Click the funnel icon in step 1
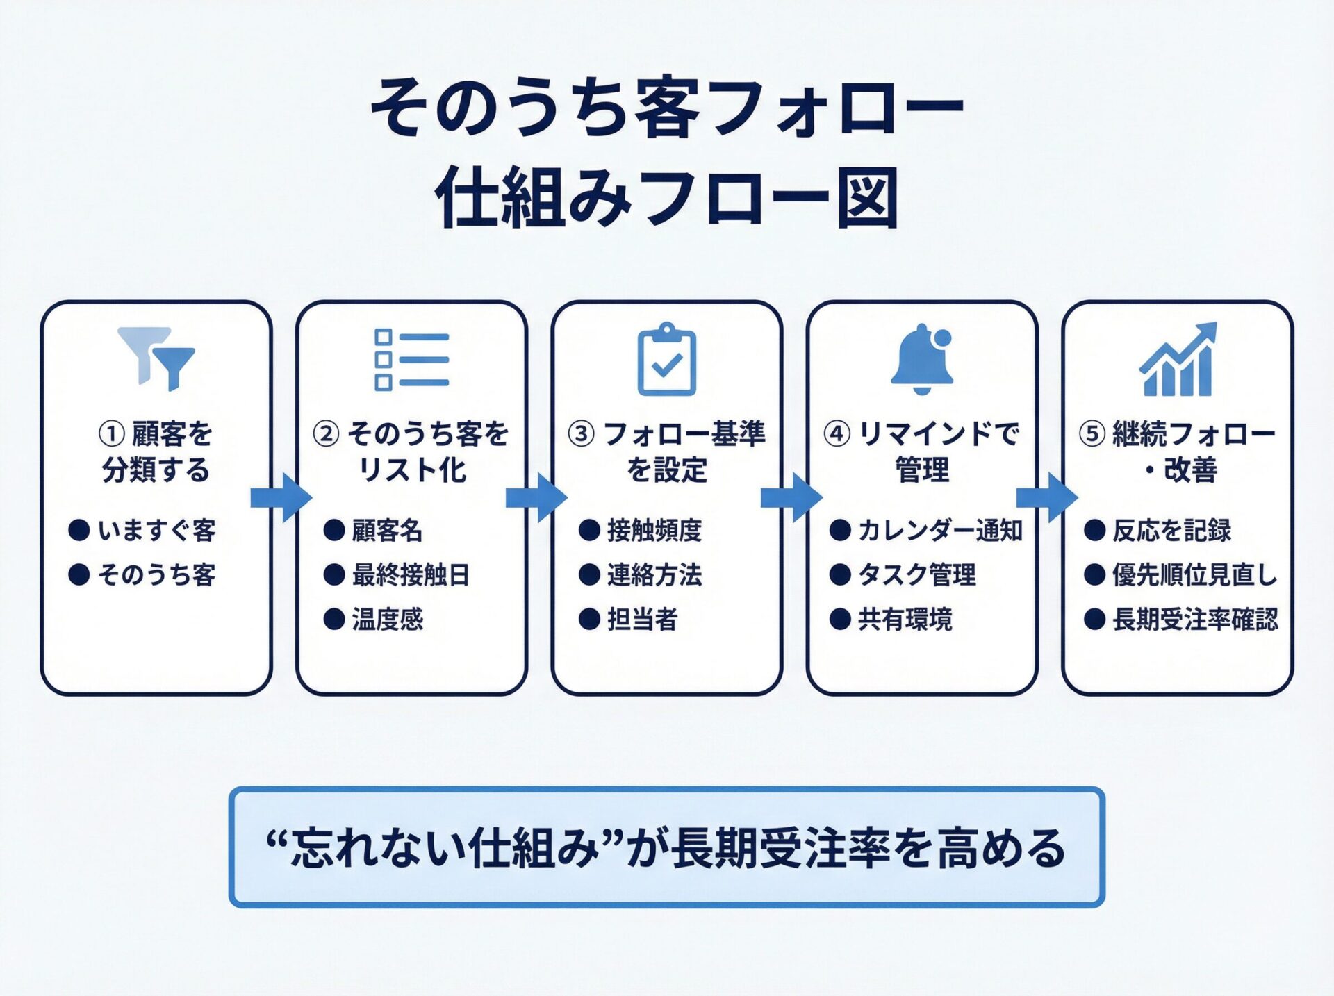(157, 358)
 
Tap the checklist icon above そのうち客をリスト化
(411, 360)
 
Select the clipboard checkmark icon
(666, 359)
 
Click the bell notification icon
(922, 358)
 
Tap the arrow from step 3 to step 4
(791, 497)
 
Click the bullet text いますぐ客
(157, 531)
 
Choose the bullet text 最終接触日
(411, 575)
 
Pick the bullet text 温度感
(387, 619)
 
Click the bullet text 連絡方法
(654, 575)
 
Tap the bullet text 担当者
(642, 619)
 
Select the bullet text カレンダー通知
(940, 531)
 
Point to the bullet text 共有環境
(905, 619)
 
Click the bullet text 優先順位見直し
(1194, 575)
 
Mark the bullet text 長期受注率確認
(1195, 619)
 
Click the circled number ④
(837, 434)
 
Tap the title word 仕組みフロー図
(667, 198)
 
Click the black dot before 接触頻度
(589, 531)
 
